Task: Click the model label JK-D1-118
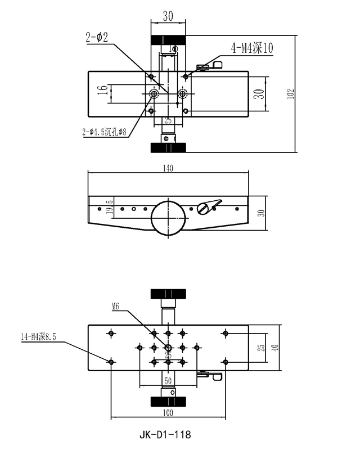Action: (x=164, y=434)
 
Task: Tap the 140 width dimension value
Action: (x=168, y=168)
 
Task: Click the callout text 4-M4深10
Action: (x=252, y=49)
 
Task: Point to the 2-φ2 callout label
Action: (x=97, y=38)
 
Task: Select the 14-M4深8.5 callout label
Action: (x=39, y=336)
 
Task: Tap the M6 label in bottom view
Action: (x=116, y=307)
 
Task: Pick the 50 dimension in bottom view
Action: (x=168, y=381)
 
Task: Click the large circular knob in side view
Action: (x=168, y=217)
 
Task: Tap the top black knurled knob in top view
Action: (x=168, y=41)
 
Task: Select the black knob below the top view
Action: (x=168, y=147)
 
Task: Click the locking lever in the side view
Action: (x=209, y=207)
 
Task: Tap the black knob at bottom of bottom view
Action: (x=168, y=401)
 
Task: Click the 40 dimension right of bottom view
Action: (x=274, y=348)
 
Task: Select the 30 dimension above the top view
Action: (x=168, y=17)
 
